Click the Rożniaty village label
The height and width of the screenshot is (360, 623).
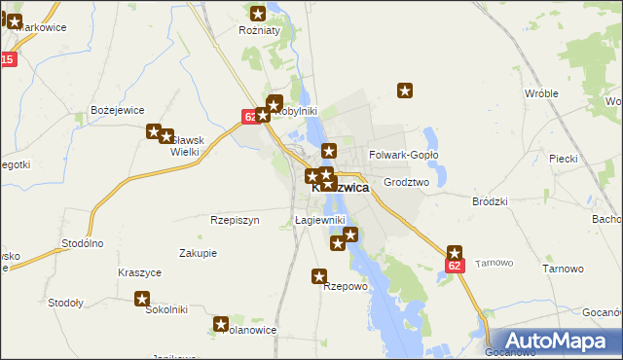click(x=259, y=31)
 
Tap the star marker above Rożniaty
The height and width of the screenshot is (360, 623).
click(x=259, y=14)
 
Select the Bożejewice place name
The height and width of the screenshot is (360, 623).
click(x=117, y=110)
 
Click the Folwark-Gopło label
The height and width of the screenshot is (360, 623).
click(x=404, y=155)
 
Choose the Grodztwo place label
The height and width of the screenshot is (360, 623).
click(x=407, y=182)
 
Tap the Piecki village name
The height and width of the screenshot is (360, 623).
click(x=564, y=158)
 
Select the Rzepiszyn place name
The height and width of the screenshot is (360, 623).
click(x=235, y=220)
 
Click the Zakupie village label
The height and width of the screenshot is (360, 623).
click(x=198, y=253)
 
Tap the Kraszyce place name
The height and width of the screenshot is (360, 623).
click(x=139, y=273)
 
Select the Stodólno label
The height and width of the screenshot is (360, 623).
click(x=82, y=243)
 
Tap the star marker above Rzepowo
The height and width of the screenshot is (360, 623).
click(x=319, y=276)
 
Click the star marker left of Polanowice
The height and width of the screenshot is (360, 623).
click(x=221, y=324)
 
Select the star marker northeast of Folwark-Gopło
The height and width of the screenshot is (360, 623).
click(x=406, y=91)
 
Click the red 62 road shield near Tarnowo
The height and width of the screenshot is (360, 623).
click(x=455, y=265)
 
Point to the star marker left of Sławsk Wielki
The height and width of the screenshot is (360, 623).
click(x=154, y=131)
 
